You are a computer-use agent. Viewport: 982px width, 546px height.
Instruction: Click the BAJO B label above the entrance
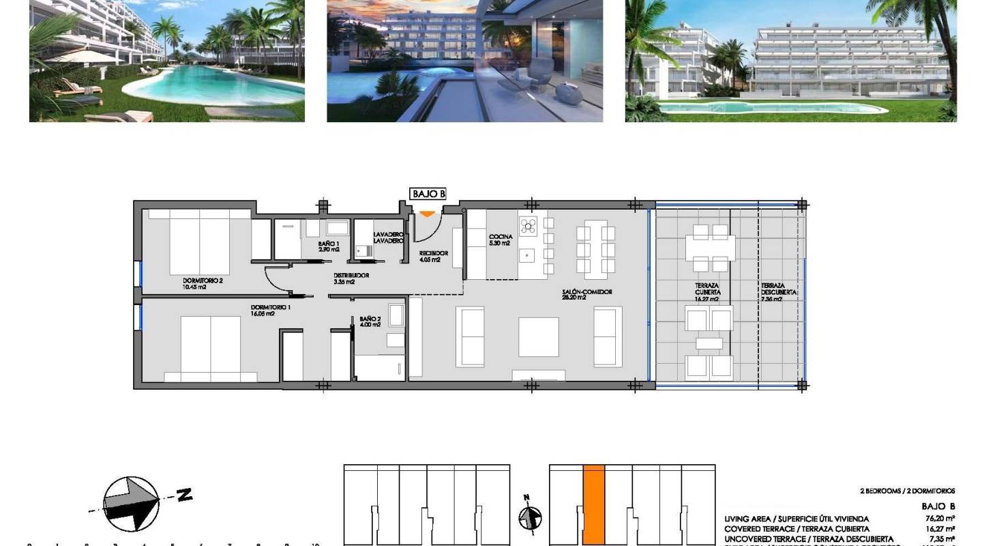click(428, 195)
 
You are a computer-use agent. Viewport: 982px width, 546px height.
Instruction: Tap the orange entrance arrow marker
click(426, 214)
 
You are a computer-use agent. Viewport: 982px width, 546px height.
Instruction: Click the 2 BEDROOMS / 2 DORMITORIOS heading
click(907, 491)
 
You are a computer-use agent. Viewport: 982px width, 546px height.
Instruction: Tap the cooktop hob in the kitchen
click(529, 225)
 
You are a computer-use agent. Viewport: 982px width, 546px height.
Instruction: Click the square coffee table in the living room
click(538, 336)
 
